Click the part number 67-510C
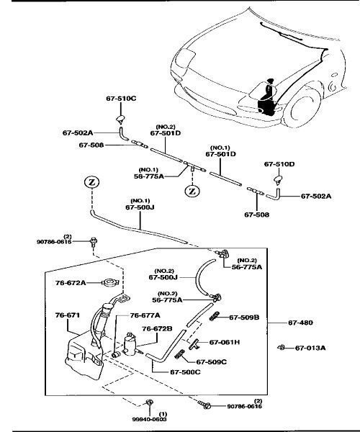coord(121,99)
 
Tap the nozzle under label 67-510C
coord(120,120)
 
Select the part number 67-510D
coord(279,164)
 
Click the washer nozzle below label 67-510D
coord(278,179)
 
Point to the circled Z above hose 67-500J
coord(91,182)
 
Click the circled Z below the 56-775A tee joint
coord(192,191)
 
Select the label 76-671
coord(68,315)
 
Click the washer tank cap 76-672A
coord(110,283)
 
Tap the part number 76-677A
coord(145,315)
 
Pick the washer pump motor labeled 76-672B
coord(130,345)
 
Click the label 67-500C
coord(185,372)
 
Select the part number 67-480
coord(300,323)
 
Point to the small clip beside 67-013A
coord(281,348)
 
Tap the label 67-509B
coord(244,318)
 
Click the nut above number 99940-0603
coord(149,402)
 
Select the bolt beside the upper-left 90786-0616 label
coord(94,242)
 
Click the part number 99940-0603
coord(149,419)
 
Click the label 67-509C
coord(211,361)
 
